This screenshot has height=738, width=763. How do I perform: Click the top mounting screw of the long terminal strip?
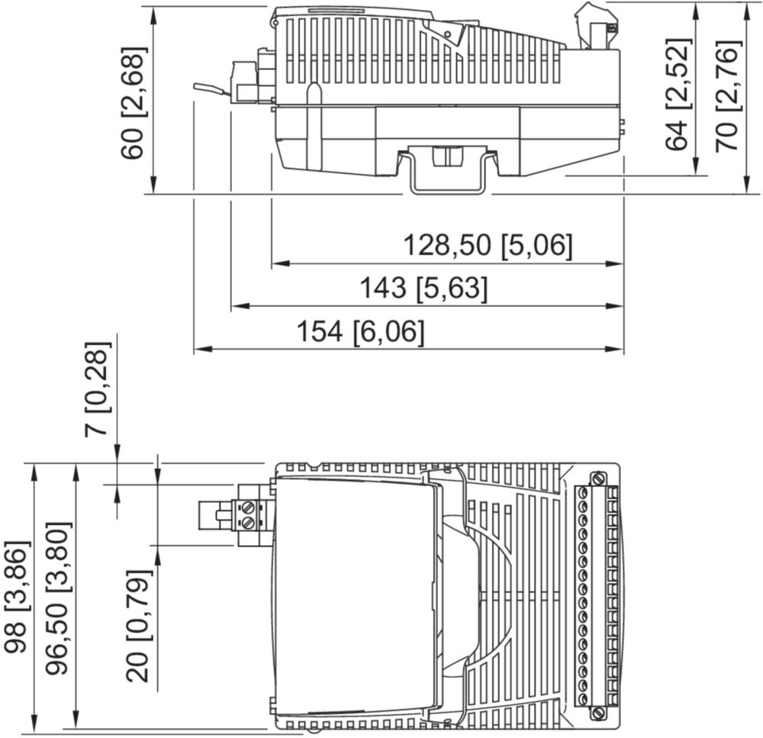tap(598, 479)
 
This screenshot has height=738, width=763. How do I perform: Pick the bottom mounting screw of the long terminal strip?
tap(598, 714)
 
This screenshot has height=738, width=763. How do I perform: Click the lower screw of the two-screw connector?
tap(248, 524)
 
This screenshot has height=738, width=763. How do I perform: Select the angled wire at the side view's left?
tap(211, 89)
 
